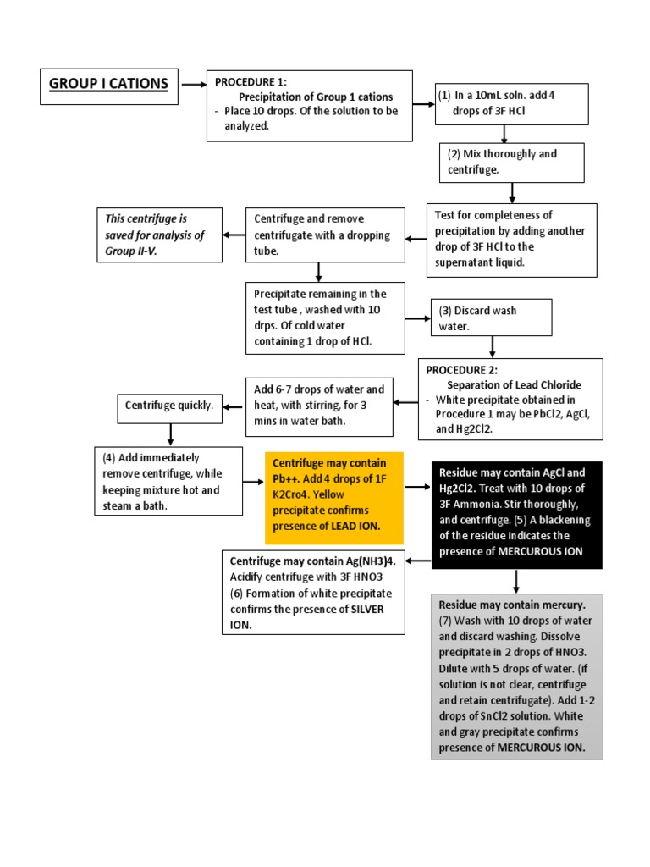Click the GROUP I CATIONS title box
pyautogui.click(x=108, y=86)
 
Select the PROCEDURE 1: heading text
pyautogui.click(x=251, y=82)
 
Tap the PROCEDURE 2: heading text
pyautogui.click(x=461, y=370)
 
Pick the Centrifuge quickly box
pyautogui.click(x=169, y=406)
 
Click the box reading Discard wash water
pyautogui.click(x=491, y=318)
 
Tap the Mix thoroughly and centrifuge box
pyautogui.click(x=511, y=162)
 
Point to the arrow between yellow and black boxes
pyautogui.click(x=417, y=487)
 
